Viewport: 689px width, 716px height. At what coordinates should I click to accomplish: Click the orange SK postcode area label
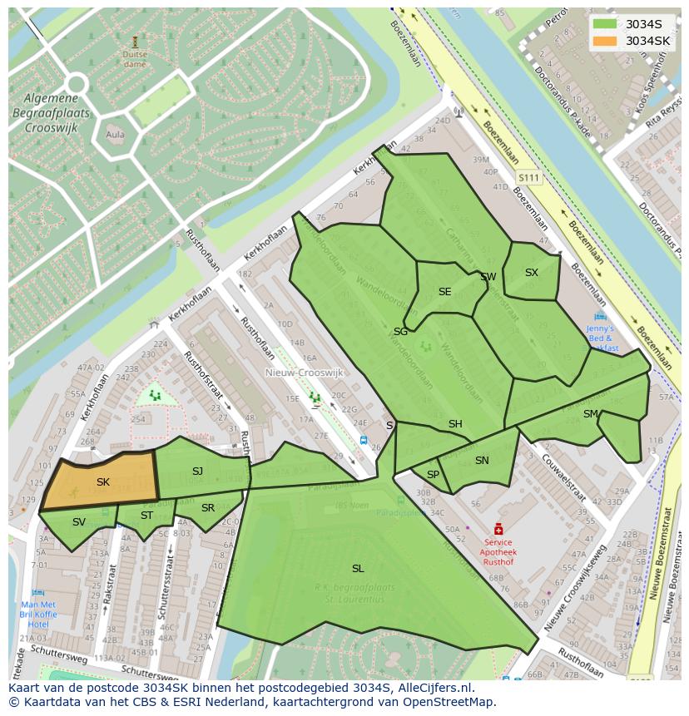click(103, 482)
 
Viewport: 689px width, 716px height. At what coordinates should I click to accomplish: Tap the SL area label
click(358, 569)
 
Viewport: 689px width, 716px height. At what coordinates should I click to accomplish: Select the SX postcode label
click(532, 273)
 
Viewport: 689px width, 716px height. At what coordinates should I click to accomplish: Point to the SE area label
click(444, 292)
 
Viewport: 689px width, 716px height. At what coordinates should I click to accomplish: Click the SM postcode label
click(591, 414)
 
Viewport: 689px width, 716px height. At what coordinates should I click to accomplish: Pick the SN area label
click(482, 461)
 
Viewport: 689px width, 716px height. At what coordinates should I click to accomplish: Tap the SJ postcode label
click(197, 472)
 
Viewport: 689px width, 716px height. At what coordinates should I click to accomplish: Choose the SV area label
click(79, 522)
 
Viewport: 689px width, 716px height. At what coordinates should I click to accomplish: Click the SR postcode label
click(208, 508)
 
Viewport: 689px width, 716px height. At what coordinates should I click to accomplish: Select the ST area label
click(146, 516)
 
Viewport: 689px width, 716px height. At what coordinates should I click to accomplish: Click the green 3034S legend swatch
click(605, 24)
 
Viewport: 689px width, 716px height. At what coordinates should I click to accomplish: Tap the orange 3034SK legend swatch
click(605, 41)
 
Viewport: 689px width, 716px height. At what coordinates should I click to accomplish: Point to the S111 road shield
click(528, 178)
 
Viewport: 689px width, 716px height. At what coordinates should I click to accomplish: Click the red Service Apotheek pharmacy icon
click(498, 529)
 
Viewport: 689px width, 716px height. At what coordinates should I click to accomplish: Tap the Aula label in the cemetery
click(116, 135)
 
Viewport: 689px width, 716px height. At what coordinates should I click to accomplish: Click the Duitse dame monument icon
click(135, 41)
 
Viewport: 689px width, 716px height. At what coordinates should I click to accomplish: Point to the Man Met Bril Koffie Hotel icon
click(38, 593)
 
